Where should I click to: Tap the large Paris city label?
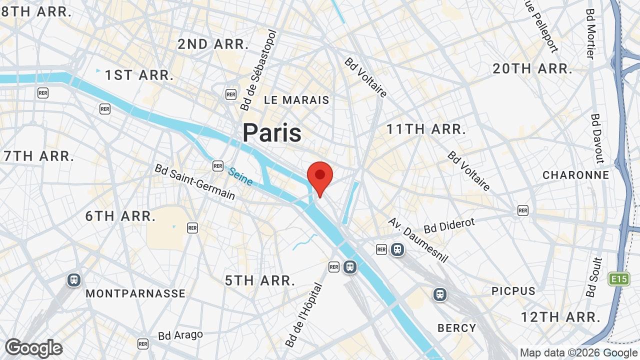point(272,133)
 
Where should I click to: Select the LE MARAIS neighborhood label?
point(296,100)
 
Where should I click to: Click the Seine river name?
point(240,176)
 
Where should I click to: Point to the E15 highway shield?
point(618,279)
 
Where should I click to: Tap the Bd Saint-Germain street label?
point(194,182)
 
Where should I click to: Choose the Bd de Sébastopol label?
point(258,70)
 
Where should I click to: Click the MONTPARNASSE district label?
point(135,293)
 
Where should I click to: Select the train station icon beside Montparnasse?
point(74,280)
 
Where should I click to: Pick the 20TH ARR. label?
point(532,69)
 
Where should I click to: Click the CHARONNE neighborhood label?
point(576,175)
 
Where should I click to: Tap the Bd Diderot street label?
point(449,225)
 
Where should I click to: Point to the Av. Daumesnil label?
point(418,240)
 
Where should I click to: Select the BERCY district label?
point(456,328)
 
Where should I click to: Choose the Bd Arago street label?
point(180,335)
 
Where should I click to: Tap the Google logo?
point(33,348)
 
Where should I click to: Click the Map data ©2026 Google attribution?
point(579,353)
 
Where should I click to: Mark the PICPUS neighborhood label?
point(513,291)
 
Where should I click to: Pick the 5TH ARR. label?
point(260,280)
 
